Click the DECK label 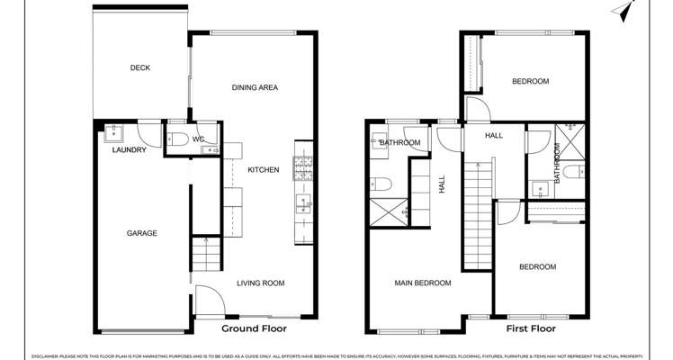(139, 67)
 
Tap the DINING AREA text (255, 87)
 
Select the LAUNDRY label (129, 150)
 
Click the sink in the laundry (112, 134)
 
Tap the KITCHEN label (264, 169)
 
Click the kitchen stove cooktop (303, 166)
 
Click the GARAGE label (141, 233)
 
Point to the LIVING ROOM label (260, 283)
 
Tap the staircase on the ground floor (206, 255)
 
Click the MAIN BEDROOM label (422, 283)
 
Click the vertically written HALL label (442, 184)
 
